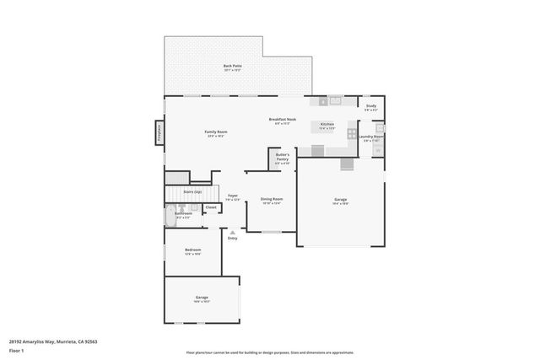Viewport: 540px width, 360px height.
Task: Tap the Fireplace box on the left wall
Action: (158, 132)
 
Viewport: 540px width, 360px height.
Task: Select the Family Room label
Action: (216, 133)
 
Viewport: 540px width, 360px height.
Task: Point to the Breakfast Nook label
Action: (283, 121)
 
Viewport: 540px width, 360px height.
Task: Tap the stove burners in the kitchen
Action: (351, 133)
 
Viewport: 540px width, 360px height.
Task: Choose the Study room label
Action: (370, 107)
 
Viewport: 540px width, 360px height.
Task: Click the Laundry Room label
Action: (371, 137)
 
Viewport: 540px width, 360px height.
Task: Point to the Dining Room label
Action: (271, 201)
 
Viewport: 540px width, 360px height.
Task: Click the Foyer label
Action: (232, 197)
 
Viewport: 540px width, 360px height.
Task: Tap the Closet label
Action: (211, 207)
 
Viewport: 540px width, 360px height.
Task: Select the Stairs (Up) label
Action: (192, 192)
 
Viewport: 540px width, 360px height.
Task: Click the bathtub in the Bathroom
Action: (169, 216)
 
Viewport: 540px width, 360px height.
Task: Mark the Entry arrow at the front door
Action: (232, 232)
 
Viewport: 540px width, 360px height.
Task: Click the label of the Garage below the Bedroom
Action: (202, 298)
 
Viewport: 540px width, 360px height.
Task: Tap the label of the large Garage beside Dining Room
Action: (340, 201)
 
